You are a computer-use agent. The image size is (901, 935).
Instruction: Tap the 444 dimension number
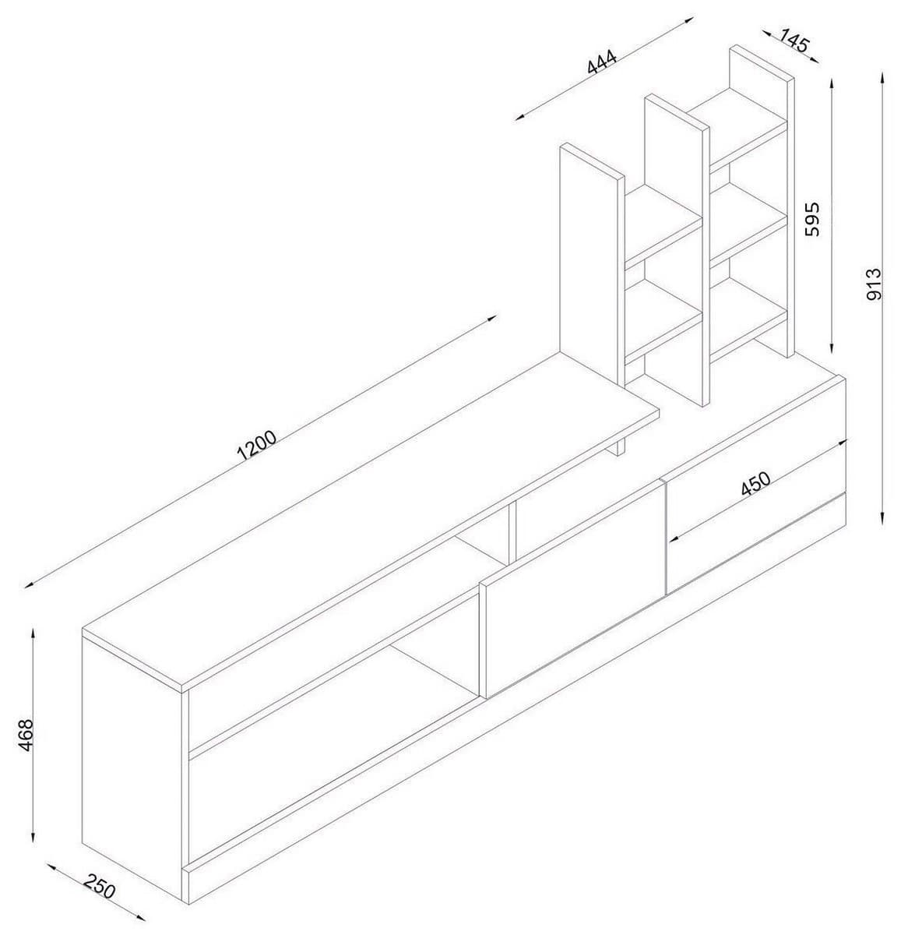pyautogui.click(x=602, y=62)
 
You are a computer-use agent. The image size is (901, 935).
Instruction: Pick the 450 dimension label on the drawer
pyautogui.click(x=755, y=485)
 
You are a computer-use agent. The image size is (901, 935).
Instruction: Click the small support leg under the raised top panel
pyautogui.click(x=620, y=446)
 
